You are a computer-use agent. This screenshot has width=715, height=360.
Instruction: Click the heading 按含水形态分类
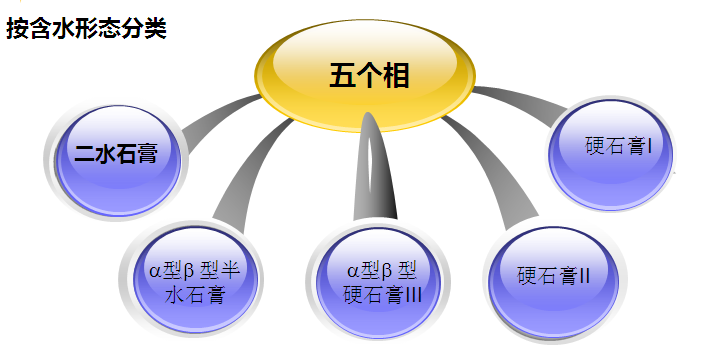click(x=85, y=28)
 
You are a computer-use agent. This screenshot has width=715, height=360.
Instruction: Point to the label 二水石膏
click(x=119, y=154)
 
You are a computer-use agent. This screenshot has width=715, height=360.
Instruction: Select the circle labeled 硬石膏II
click(x=555, y=275)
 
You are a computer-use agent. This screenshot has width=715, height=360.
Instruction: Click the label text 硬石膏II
click(x=557, y=275)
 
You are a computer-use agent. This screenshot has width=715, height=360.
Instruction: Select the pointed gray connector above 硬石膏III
click(x=379, y=170)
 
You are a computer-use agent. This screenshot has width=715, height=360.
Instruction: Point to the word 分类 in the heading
click(x=146, y=28)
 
